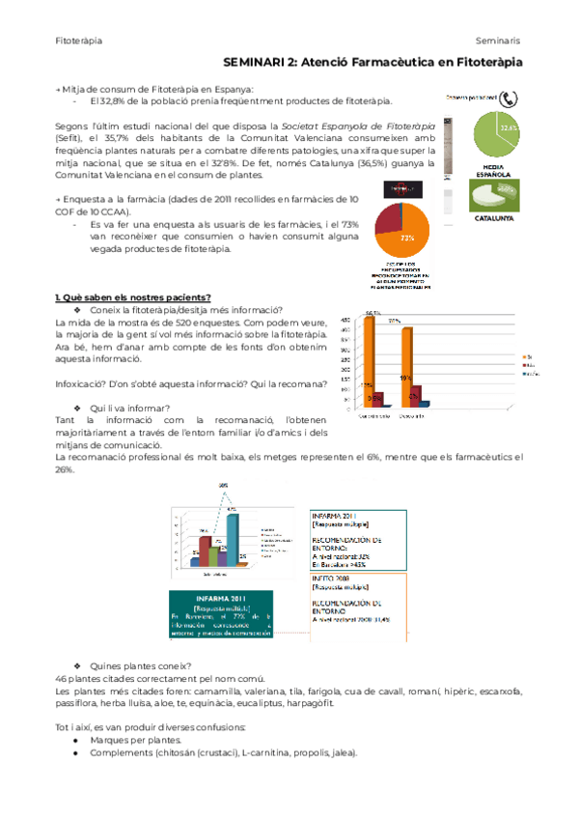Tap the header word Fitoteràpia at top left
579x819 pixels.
pyautogui.click(x=79, y=40)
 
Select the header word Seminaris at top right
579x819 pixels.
pyautogui.click(x=498, y=40)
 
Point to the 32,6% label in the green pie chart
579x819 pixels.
pyautogui.click(x=509, y=127)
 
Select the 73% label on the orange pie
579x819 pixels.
pyautogui.click(x=408, y=237)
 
